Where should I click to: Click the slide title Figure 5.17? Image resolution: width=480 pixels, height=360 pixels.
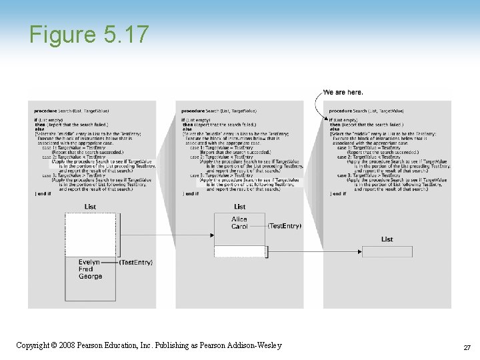(x=89, y=34)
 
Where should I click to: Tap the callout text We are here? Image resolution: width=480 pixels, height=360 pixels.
(x=343, y=92)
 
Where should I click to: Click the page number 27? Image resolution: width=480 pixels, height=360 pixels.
(x=467, y=348)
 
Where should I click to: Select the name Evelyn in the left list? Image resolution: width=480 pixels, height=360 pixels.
(x=89, y=263)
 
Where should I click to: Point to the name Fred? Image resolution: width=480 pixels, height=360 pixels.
(x=86, y=269)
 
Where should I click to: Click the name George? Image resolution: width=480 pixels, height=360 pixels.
(x=90, y=277)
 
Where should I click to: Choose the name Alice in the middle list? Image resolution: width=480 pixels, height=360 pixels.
(x=239, y=219)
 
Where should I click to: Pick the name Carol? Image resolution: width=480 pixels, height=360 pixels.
(x=239, y=227)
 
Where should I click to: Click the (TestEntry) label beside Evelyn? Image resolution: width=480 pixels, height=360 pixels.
(x=137, y=263)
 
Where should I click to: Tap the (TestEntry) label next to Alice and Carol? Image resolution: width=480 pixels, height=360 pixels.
(x=285, y=226)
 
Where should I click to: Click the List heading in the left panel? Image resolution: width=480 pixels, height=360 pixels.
(x=90, y=207)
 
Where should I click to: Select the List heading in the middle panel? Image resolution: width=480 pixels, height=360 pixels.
(x=239, y=207)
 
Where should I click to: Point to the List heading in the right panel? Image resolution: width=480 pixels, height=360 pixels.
(x=387, y=239)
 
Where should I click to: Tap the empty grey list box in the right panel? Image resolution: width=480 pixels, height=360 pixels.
(x=387, y=251)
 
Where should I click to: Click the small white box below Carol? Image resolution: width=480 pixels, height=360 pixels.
(x=239, y=251)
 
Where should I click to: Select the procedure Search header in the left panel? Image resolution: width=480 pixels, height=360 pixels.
(x=71, y=110)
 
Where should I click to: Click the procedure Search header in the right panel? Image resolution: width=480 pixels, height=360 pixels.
(x=366, y=110)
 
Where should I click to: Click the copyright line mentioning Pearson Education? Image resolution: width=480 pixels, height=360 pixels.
(x=149, y=345)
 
